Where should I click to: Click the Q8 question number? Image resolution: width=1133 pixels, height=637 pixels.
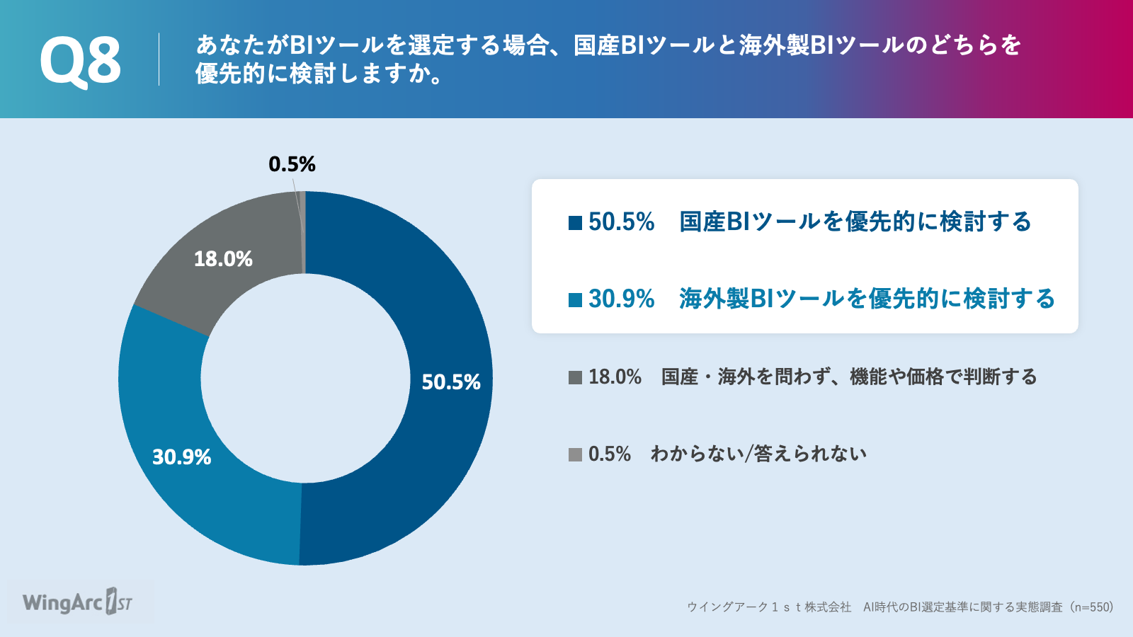coord(81,61)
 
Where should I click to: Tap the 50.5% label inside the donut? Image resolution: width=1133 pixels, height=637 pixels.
coord(450,382)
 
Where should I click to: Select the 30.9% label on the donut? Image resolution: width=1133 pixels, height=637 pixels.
coord(181,457)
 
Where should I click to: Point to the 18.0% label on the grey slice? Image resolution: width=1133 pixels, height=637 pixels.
coord(223,259)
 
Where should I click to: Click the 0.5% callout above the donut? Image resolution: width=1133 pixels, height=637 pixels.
coord(292,163)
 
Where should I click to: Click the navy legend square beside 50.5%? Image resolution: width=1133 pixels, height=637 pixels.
coord(575,223)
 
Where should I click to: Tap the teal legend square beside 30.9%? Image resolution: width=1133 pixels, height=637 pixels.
coord(575,300)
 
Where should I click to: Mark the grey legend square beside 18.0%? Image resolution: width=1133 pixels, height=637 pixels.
coord(575,378)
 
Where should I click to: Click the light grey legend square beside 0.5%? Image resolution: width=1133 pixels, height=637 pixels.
coord(575,454)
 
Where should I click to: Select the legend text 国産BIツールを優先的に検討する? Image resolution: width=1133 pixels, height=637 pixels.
coord(855,222)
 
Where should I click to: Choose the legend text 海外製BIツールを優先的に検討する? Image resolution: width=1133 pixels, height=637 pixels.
coord(867,299)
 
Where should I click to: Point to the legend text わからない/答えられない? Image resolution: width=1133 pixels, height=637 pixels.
coord(758,454)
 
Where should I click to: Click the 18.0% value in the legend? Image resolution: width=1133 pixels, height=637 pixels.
coord(615,377)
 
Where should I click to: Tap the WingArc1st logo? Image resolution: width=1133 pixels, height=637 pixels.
coord(77,602)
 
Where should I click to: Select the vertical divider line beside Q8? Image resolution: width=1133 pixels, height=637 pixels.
coord(159,59)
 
